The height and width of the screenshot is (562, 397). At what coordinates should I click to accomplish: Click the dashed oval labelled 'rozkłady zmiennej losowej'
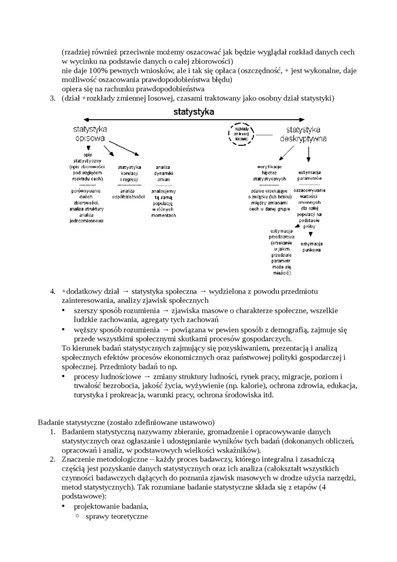pos(241,134)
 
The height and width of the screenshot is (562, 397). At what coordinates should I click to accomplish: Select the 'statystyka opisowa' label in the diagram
pos(90,134)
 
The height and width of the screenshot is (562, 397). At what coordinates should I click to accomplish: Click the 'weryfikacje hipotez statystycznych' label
pos(270,173)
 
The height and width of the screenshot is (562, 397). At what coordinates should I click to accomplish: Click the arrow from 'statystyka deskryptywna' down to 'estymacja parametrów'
pos(309,152)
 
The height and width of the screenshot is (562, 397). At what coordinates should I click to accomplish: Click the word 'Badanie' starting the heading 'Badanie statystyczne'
pos(51,422)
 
